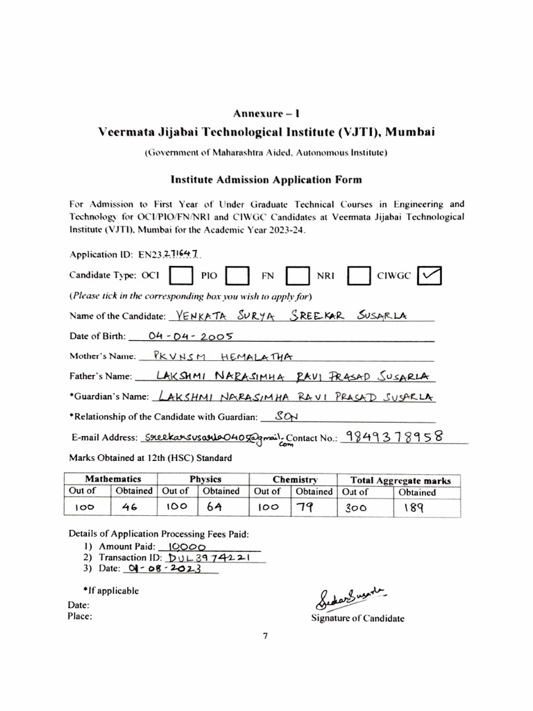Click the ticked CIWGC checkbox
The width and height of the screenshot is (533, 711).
coord(430,276)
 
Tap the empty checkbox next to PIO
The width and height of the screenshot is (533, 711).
coord(238,276)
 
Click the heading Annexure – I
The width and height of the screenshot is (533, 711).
coord(266,113)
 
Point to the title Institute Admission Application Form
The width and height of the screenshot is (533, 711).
coord(266,180)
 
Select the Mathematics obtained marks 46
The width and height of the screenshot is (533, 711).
coord(130,508)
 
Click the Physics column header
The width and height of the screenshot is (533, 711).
coord(205,479)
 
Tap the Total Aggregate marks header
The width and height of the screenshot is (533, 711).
coord(400,480)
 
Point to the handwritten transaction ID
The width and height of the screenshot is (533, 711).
coord(213,558)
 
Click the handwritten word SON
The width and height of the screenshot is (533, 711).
coord(284,417)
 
